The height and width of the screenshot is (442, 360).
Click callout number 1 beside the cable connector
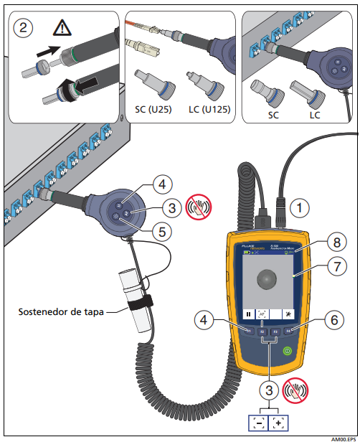(298, 208)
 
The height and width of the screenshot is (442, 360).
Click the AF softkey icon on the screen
(263, 314)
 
